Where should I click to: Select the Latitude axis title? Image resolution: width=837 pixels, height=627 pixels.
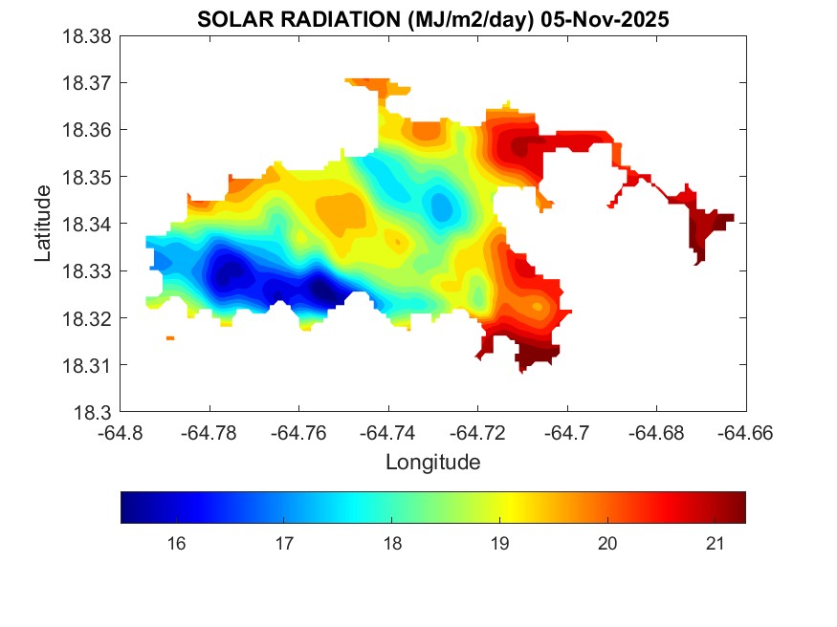43,225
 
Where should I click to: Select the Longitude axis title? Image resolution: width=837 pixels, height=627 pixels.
432,463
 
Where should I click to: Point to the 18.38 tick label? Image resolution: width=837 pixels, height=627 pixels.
88,36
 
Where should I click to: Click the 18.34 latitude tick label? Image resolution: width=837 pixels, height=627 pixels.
88,225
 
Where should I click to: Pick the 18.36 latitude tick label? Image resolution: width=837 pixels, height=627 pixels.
88,130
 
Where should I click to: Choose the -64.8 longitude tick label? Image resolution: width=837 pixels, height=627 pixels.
121,432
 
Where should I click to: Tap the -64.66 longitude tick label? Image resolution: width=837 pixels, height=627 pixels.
745,432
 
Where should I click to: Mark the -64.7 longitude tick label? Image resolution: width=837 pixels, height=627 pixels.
567,432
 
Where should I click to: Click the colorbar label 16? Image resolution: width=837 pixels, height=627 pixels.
176,544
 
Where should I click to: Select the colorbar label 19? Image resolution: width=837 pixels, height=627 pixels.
498,544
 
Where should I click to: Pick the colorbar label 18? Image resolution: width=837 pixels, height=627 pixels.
391,544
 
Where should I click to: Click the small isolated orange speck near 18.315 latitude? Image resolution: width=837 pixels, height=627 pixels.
170,338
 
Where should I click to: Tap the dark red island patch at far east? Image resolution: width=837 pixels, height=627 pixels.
708,229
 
